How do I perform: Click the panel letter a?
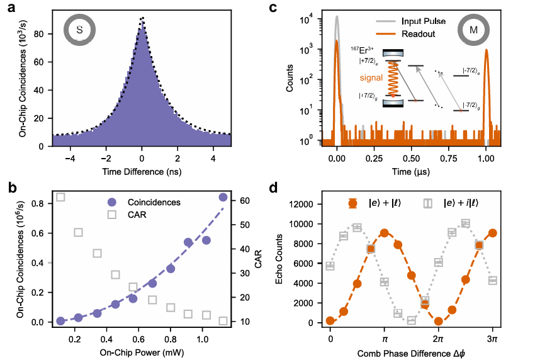pyautogui.click(x=12, y=7)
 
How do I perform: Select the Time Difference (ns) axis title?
pyautogui.click(x=142, y=172)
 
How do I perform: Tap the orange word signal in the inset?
pyautogui.click(x=371, y=78)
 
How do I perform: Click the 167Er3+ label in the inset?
pyautogui.click(x=362, y=50)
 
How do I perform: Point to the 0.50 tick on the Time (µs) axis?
pyautogui.click(x=412, y=159)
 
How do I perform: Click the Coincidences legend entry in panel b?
pyautogui.click(x=154, y=203)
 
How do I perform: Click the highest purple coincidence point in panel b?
pyautogui.click(x=223, y=197)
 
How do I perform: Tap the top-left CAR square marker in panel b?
pyautogui.click(x=60, y=197)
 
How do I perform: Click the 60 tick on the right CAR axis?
pyautogui.click(x=245, y=201)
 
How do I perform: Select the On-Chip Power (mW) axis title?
pyautogui.click(x=142, y=352)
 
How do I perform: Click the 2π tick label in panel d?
pyautogui.click(x=438, y=339)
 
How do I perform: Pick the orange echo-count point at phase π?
pyautogui.click(x=385, y=233)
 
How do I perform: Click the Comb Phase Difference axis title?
pyautogui.click(x=411, y=353)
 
